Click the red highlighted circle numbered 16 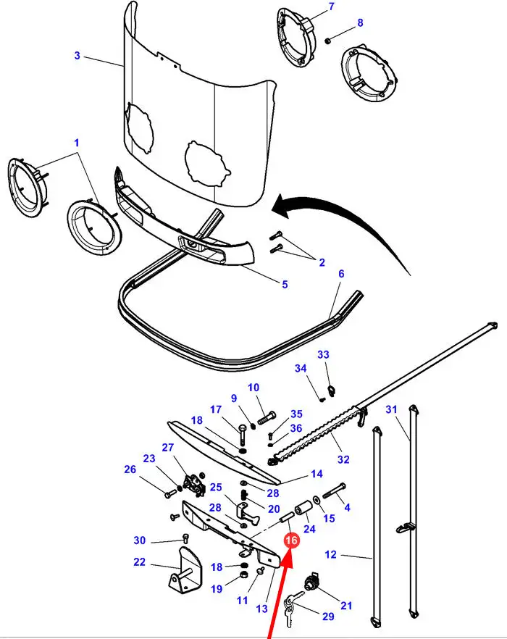pyautogui.click(x=292, y=540)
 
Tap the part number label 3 pyautogui.click(x=77, y=55)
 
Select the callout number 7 pyautogui.click(x=331, y=7)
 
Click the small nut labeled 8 pyautogui.click(x=327, y=41)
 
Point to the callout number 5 pyautogui.click(x=285, y=284)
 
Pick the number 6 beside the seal pyautogui.click(x=341, y=273)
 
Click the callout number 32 pyautogui.click(x=343, y=459)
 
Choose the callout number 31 pyautogui.click(x=391, y=409)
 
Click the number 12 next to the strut pyautogui.click(x=331, y=554)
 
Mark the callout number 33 pyautogui.click(x=323, y=354)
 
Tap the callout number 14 pyautogui.click(x=317, y=474)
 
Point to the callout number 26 pyautogui.click(x=130, y=469)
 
